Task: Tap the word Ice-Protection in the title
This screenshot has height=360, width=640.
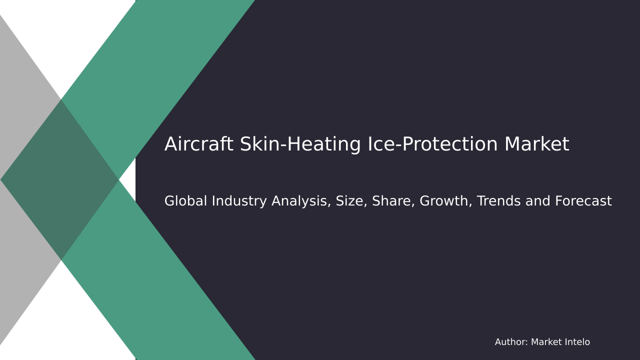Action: (432, 145)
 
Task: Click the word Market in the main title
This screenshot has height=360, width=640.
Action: (536, 145)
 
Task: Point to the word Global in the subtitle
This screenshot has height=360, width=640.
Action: (185, 201)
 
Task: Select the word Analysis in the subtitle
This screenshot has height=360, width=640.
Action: (301, 201)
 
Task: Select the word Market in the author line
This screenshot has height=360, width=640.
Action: (546, 342)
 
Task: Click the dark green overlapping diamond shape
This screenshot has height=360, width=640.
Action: (60, 180)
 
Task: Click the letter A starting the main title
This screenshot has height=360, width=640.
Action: (170, 145)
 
